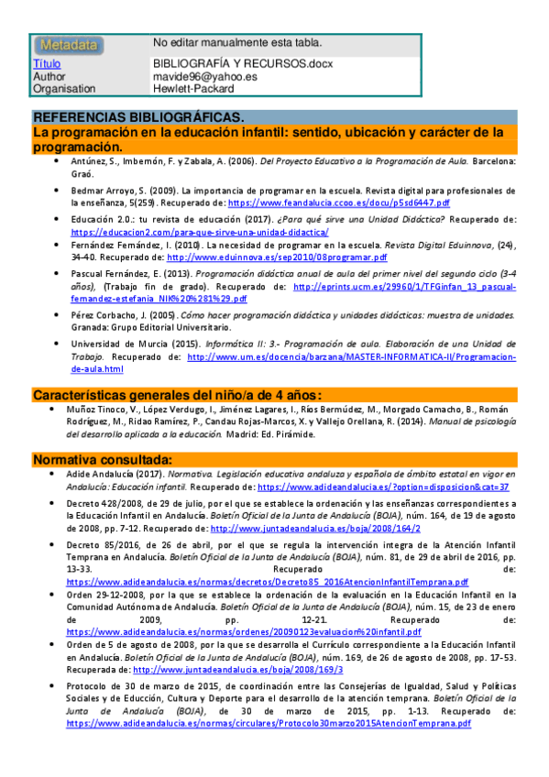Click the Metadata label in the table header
tap(68, 44)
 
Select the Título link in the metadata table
tap(47, 64)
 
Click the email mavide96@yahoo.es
tap(205, 77)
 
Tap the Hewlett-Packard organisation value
tap(193, 89)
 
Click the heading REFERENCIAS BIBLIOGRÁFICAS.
tap(138, 119)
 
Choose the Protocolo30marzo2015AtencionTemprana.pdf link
tap(269, 723)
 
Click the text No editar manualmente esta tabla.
tap(237, 43)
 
